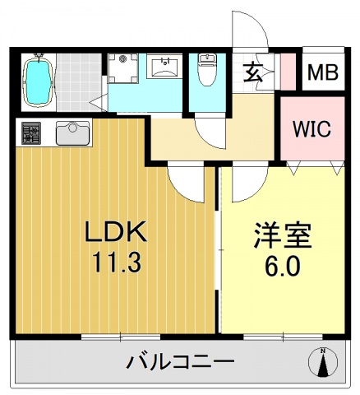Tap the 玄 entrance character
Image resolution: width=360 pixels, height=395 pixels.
[x=253, y=72]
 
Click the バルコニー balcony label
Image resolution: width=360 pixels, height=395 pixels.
[x=180, y=361]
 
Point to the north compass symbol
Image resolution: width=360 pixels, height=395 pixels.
[x=323, y=363]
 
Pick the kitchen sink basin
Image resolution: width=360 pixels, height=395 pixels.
[x=73, y=132]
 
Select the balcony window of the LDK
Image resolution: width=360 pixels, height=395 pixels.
[x=119, y=336]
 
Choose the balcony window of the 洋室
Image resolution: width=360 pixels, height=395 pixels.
[x=283, y=336]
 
